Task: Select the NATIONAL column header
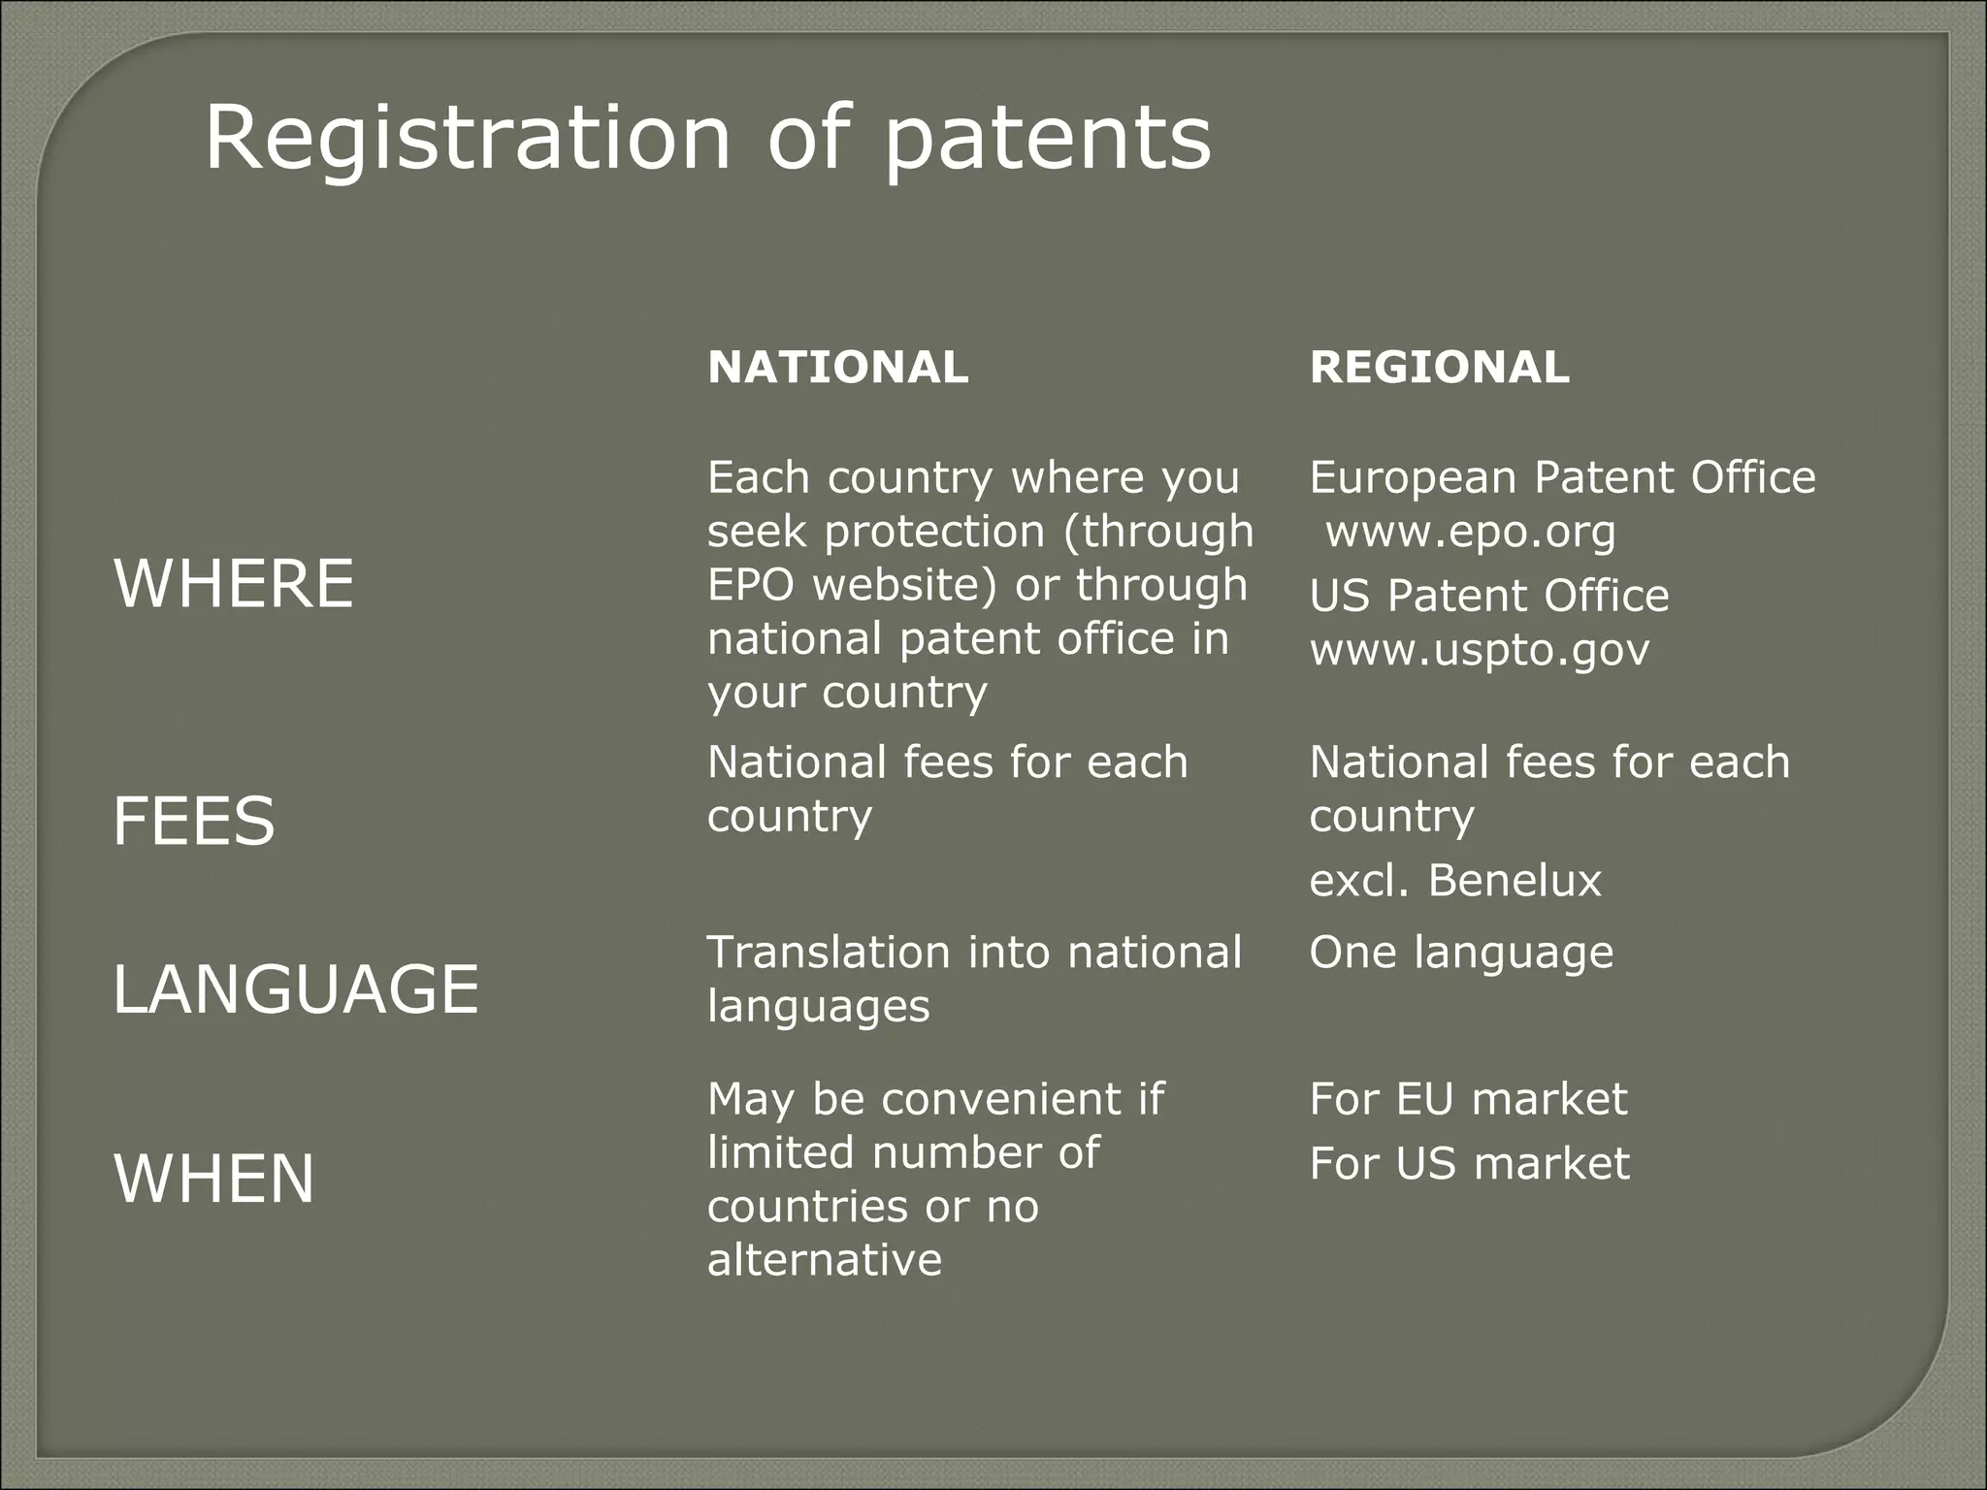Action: pos(837,368)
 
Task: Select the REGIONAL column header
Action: pos(1439,368)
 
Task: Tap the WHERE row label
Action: pos(234,584)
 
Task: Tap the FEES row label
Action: pos(194,821)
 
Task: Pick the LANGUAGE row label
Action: pos(296,989)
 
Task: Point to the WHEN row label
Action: pos(214,1179)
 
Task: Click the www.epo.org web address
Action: pos(1470,532)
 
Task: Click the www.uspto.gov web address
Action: pos(1479,649)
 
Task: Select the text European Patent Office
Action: pos(1562,477)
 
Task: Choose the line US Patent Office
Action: pos(1488,596)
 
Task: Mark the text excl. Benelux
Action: pos(1454,881)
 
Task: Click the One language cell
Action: pos(1460,953)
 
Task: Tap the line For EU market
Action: pos(1467,1099)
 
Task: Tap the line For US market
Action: pos(1469,1163)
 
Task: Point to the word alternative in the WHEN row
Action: pos(824,1260)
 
